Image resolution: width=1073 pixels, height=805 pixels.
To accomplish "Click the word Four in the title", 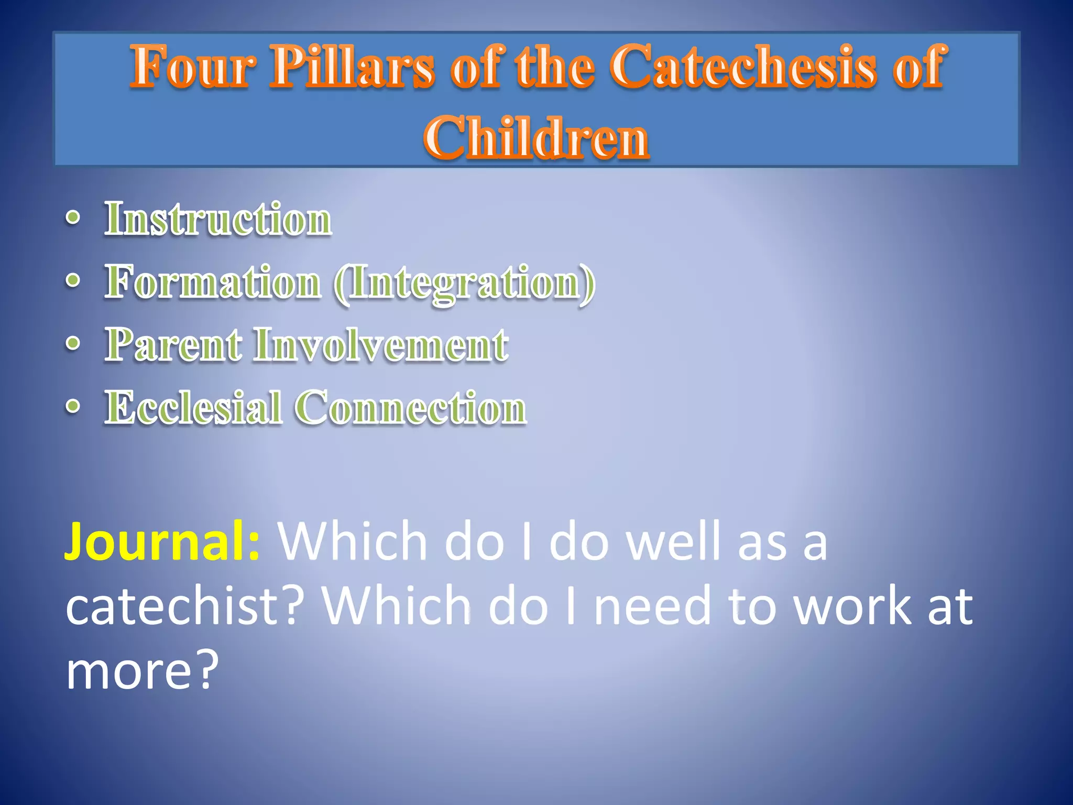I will (193, 67).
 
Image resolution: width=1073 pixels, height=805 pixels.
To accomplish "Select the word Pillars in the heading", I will (352, 67).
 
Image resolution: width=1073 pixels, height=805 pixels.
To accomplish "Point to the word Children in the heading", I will (536, 137).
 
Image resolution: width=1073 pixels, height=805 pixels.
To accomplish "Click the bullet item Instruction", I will (218, 219).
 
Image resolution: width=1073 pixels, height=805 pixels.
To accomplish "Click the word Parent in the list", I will (173, 345).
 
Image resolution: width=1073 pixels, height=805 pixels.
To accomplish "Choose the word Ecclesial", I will (193, 408).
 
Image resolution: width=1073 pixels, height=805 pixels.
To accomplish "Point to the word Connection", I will (411, 408).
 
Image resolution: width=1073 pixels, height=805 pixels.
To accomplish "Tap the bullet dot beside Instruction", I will (73, 218).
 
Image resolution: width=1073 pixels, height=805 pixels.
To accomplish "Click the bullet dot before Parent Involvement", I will (73, 344).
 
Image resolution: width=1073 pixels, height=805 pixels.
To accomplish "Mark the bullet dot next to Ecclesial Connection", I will (73, 407).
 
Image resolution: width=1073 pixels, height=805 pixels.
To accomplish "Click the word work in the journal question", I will (852, 606).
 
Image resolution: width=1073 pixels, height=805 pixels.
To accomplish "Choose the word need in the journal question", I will (652, 606).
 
